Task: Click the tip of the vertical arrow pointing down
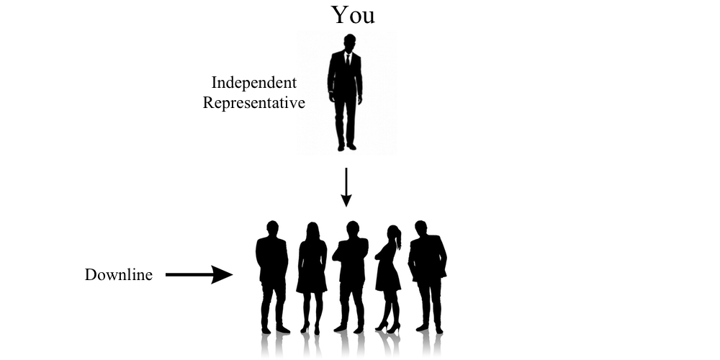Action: click(346, 207)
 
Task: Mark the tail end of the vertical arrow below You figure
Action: click(346, 168)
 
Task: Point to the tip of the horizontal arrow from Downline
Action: click(233, 274)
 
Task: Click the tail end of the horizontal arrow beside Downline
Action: click(166, 274)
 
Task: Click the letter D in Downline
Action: click(91, 274)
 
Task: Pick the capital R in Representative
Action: click(209, 102)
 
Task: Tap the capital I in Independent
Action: click(215, 83)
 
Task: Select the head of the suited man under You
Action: click(349, 41)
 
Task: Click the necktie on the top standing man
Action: click(348, 60)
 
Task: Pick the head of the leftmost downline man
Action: click(272, 228)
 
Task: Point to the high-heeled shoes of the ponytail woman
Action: click(388, 327)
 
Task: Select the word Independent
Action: click(254, 83)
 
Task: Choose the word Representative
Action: click(254, 102)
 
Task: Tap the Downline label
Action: click(119, 274)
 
